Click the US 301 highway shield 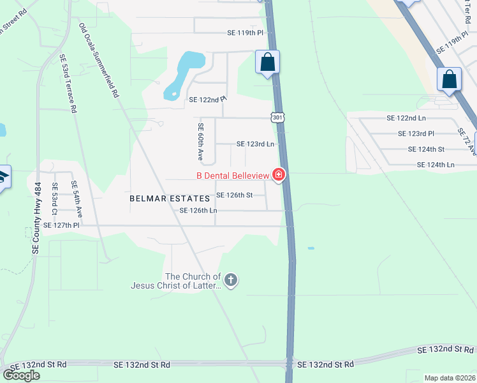pos(277,117)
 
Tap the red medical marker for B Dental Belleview pos(278,174)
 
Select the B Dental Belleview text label pos(233,175)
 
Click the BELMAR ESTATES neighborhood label pos(170,199)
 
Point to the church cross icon pos(231,280)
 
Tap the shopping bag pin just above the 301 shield pos(268,63)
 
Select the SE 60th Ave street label pos(200,142)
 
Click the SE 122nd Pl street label pos(208,100)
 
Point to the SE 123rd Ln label pos(255,144)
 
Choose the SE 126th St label pos(235,195)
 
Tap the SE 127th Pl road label pos(61,225)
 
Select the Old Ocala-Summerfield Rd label pos(99,61)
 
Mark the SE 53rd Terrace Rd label pos(68,84)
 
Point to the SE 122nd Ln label pos(406,118)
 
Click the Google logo pos(21,375)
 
